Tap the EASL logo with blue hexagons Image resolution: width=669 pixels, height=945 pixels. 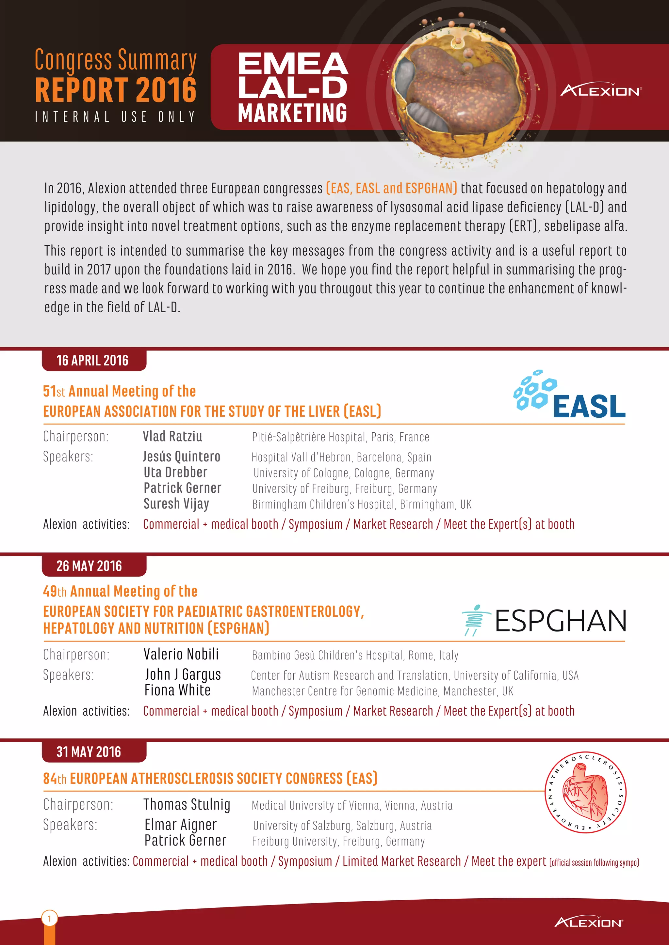pos(569,395)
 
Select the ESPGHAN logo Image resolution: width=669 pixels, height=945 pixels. pos(544,620)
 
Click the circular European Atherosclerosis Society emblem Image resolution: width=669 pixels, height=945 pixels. pos(585,793)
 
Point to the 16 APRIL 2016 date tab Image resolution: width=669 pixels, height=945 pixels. pos(93,361)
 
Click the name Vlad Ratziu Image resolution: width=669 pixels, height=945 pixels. pos(172,436)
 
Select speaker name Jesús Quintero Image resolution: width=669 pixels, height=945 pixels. pos(181,457)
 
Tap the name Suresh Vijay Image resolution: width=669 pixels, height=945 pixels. pos(176,503)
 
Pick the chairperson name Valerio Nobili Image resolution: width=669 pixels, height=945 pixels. pos(181,654)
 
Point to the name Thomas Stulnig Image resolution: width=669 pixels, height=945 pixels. pos(187,804)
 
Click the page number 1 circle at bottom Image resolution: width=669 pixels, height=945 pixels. pos(49,918)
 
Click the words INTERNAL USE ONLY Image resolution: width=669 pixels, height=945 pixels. pos(115,117)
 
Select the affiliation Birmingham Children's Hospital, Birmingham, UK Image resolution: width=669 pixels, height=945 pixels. pos(362,504)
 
